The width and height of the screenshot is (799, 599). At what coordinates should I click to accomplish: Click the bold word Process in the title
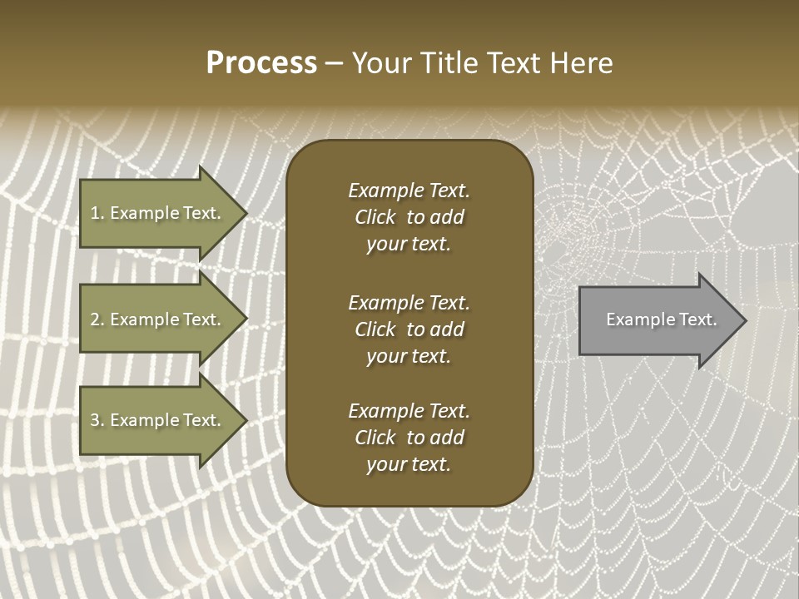[x=261, y=63]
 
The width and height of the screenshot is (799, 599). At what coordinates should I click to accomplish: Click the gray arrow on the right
[x=658, y=320]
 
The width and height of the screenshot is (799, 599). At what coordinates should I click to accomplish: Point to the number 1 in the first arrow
[x=95, y=213]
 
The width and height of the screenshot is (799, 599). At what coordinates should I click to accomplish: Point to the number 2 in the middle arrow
[x=95, y=319]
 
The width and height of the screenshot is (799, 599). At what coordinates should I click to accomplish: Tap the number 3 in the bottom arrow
[x=95, y=420]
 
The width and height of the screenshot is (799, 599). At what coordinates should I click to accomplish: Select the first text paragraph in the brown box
[x=409, y=217]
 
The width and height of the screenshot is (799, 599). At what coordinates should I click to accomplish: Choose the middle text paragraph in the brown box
[x=409, y=329]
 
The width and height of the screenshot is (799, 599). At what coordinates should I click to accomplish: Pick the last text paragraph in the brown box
[x=409, y=438]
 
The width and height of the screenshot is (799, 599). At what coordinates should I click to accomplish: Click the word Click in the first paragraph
[x=375, y=217]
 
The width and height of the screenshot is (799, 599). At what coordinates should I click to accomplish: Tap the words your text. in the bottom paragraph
[x=409, y=464]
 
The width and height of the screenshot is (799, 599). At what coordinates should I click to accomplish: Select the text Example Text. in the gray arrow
[x=661, y=319]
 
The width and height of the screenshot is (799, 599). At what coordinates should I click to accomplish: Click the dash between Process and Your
[x=334, y=63]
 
